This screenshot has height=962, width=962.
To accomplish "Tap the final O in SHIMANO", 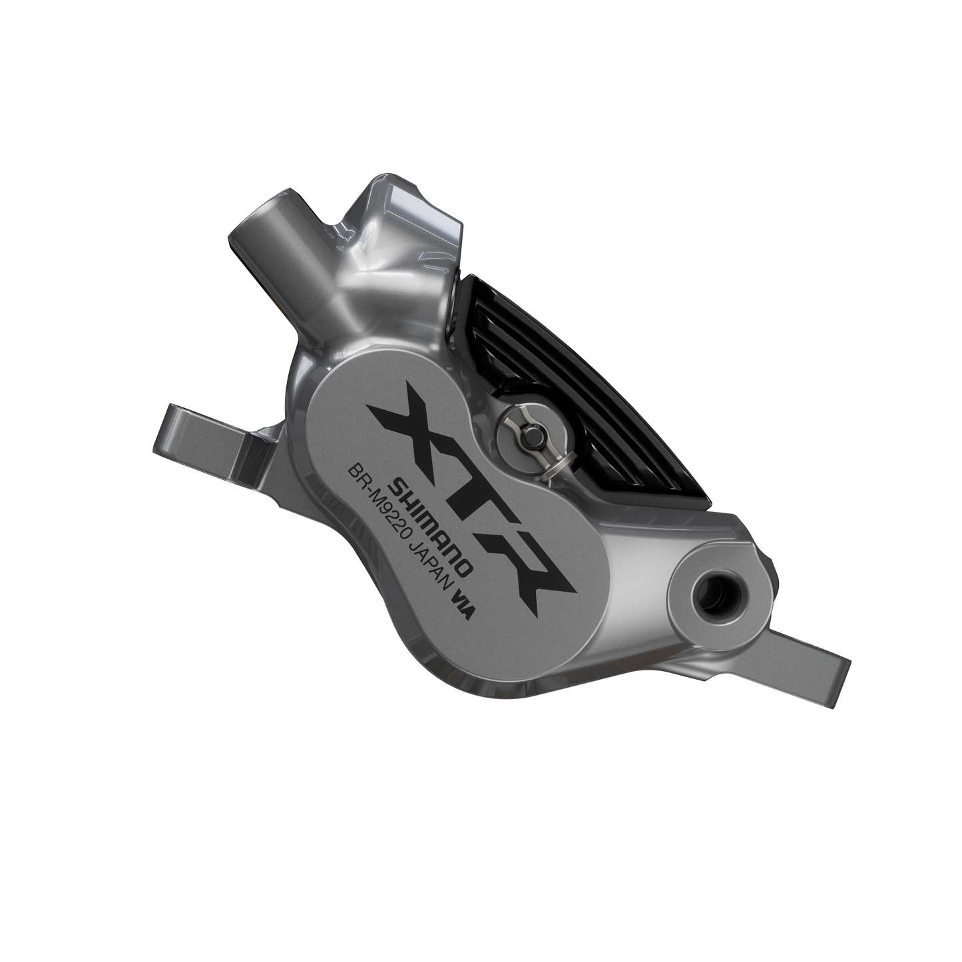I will coord(468,565).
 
